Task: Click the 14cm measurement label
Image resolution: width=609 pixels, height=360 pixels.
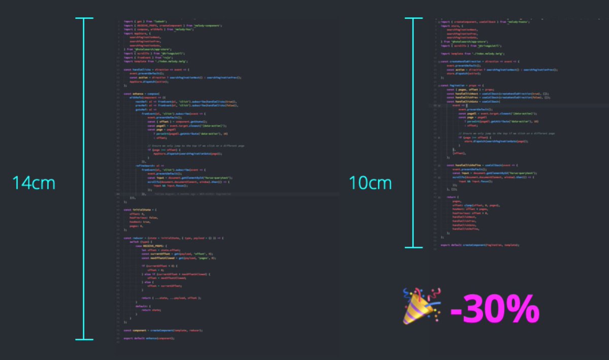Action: pyautogui.click(x=34, y=183)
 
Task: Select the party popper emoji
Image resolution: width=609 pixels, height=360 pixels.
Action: pyautogui.click(x=421, y=306)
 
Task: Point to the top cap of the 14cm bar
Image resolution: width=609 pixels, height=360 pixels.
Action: pyautogui.click(x=84, y=19)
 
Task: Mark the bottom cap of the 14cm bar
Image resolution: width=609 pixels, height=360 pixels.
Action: pyautogui.click(x=84, y=339)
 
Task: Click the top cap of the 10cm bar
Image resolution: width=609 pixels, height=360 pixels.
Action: pyautogui.click(x=414, y=19)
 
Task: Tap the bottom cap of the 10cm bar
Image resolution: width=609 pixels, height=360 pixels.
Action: pyautogui.click(x=414, y=247)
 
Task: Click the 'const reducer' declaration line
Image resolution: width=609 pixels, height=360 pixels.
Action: pyautogui.click(x=173, y=238)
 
